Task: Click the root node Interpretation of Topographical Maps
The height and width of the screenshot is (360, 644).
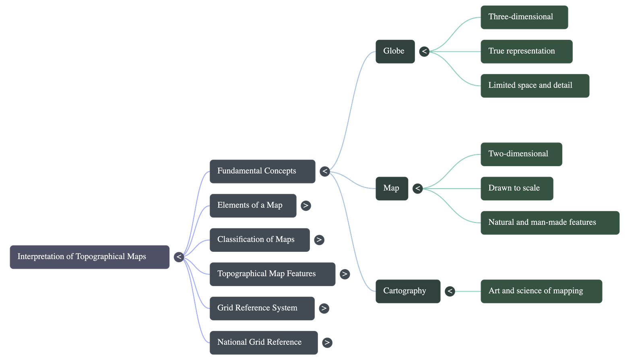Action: pyautogui.click(x=89, y=257)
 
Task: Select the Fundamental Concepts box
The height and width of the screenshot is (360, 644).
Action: pyautogui.click(x=262, y=171)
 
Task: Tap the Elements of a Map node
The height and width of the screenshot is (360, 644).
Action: pyautogui.click(x=253, y=206)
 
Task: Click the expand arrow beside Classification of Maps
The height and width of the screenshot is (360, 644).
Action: pyautogui.click(x=319, y=240)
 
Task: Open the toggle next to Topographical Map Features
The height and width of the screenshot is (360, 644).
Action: pyautogui.click(x=345, y=274)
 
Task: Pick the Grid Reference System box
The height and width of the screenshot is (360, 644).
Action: pyautogui.click(x=262, y=308)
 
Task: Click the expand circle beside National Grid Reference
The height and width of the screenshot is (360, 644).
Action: pyautogui.click(x=327, y=342)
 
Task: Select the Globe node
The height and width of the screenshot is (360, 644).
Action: pyautogui.click(x=395, y=52)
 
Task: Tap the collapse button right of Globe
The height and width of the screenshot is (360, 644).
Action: pyautogui.click(x=424, y=52)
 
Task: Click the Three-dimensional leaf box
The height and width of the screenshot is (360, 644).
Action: pyautogui.click(x=524, y=17)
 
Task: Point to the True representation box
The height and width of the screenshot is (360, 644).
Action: pyautogui.click(x=527, y=52)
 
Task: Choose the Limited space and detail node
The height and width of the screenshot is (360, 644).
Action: pyautogui.click(x=535, y=86)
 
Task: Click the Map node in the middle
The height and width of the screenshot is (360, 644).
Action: pyautogui.click(x=392, y=189)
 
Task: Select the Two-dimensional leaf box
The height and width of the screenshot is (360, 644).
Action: pyautogui.click(x=522, y=154)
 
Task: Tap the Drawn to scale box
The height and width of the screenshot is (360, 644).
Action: pyautogui.click(x=517, y=189)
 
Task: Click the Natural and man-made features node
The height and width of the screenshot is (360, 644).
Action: pyautogui.click(x=550, y=223)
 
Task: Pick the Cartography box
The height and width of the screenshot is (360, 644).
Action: pyautogui.click(x=408, y=291)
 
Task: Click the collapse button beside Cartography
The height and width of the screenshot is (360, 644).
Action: pyautogui.click(x=450, y=291)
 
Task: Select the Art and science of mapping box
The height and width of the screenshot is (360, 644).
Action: pyautogui.click(x=541, y=291)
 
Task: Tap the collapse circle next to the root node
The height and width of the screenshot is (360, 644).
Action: pyautogui.click(x=179, y=257)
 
